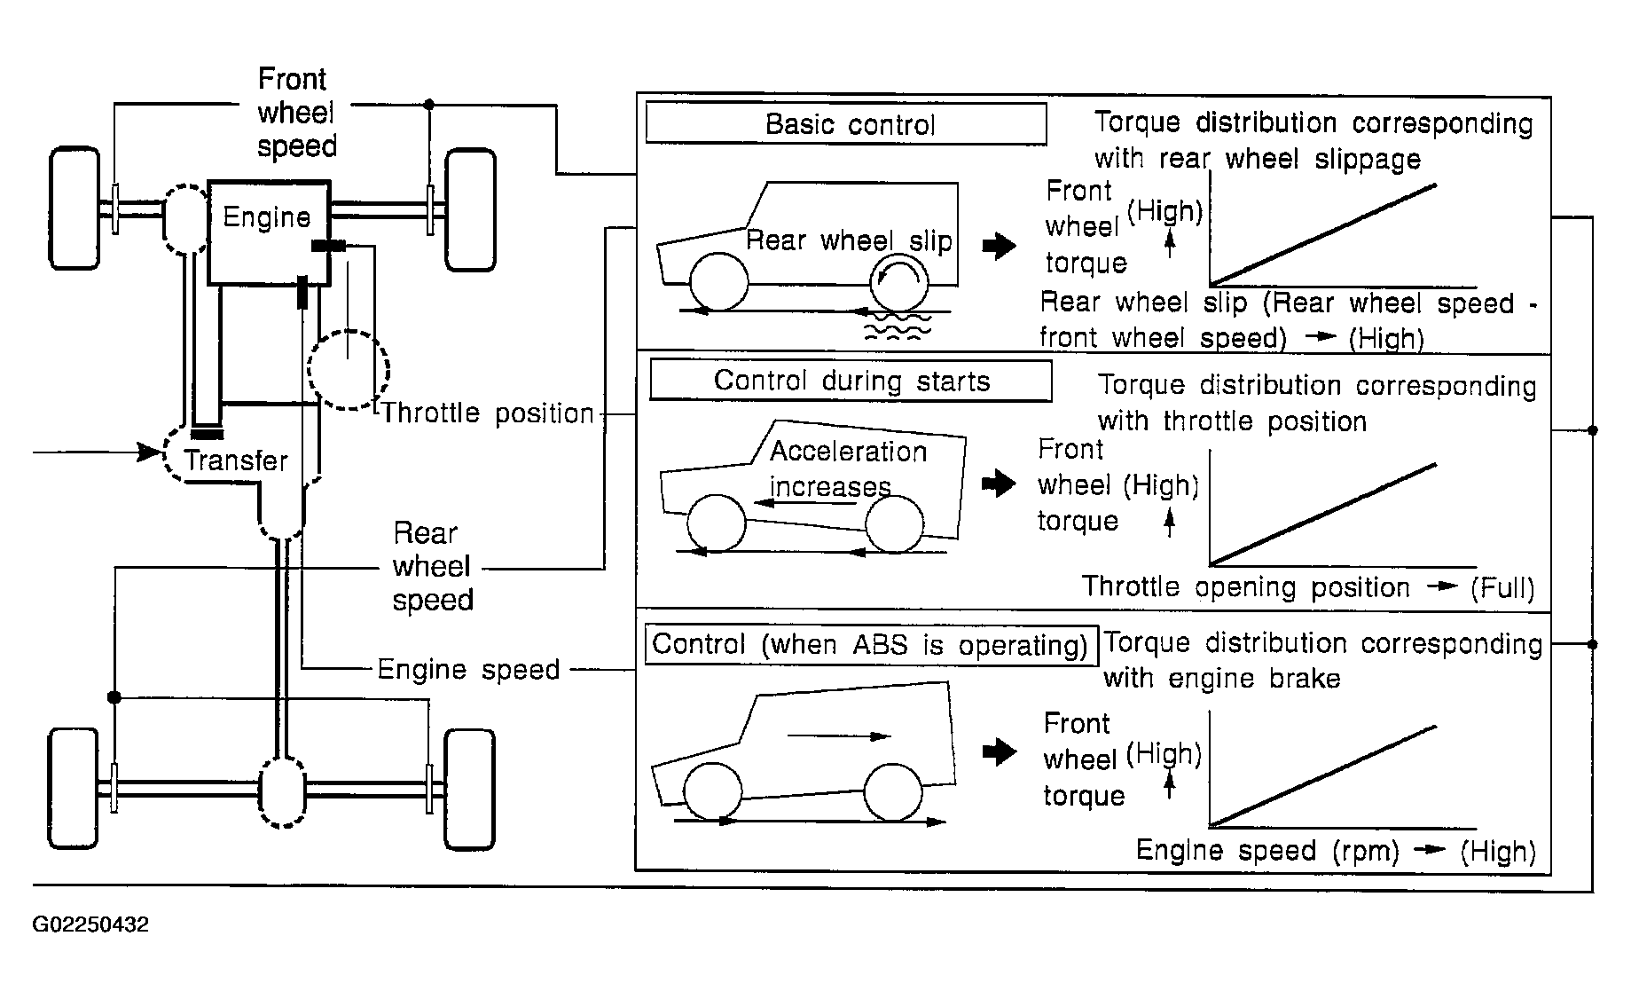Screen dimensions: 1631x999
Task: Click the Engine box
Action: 269,232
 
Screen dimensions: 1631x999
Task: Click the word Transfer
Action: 236,460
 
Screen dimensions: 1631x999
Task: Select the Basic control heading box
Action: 846,123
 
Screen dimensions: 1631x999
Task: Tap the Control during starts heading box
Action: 851,381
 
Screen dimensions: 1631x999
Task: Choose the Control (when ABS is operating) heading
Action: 870,644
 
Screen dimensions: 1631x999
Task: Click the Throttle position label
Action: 488,413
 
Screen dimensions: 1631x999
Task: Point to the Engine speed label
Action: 468,669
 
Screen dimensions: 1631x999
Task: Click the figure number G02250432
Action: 90,924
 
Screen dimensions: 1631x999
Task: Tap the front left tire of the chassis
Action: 74,208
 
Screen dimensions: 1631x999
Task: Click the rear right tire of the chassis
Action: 469,790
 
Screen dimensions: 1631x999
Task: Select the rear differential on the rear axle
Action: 282,792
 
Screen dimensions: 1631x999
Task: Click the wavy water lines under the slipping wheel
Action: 898,326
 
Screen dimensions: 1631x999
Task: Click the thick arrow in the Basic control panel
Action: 1000,245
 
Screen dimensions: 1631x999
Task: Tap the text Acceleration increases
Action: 848,468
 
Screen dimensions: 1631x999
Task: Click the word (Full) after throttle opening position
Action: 1502,588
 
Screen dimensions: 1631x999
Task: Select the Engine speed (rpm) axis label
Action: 1267,851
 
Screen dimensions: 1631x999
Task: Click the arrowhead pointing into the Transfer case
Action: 151,452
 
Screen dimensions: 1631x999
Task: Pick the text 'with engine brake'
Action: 1221,679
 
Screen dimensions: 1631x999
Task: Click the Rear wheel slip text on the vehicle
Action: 849,240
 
